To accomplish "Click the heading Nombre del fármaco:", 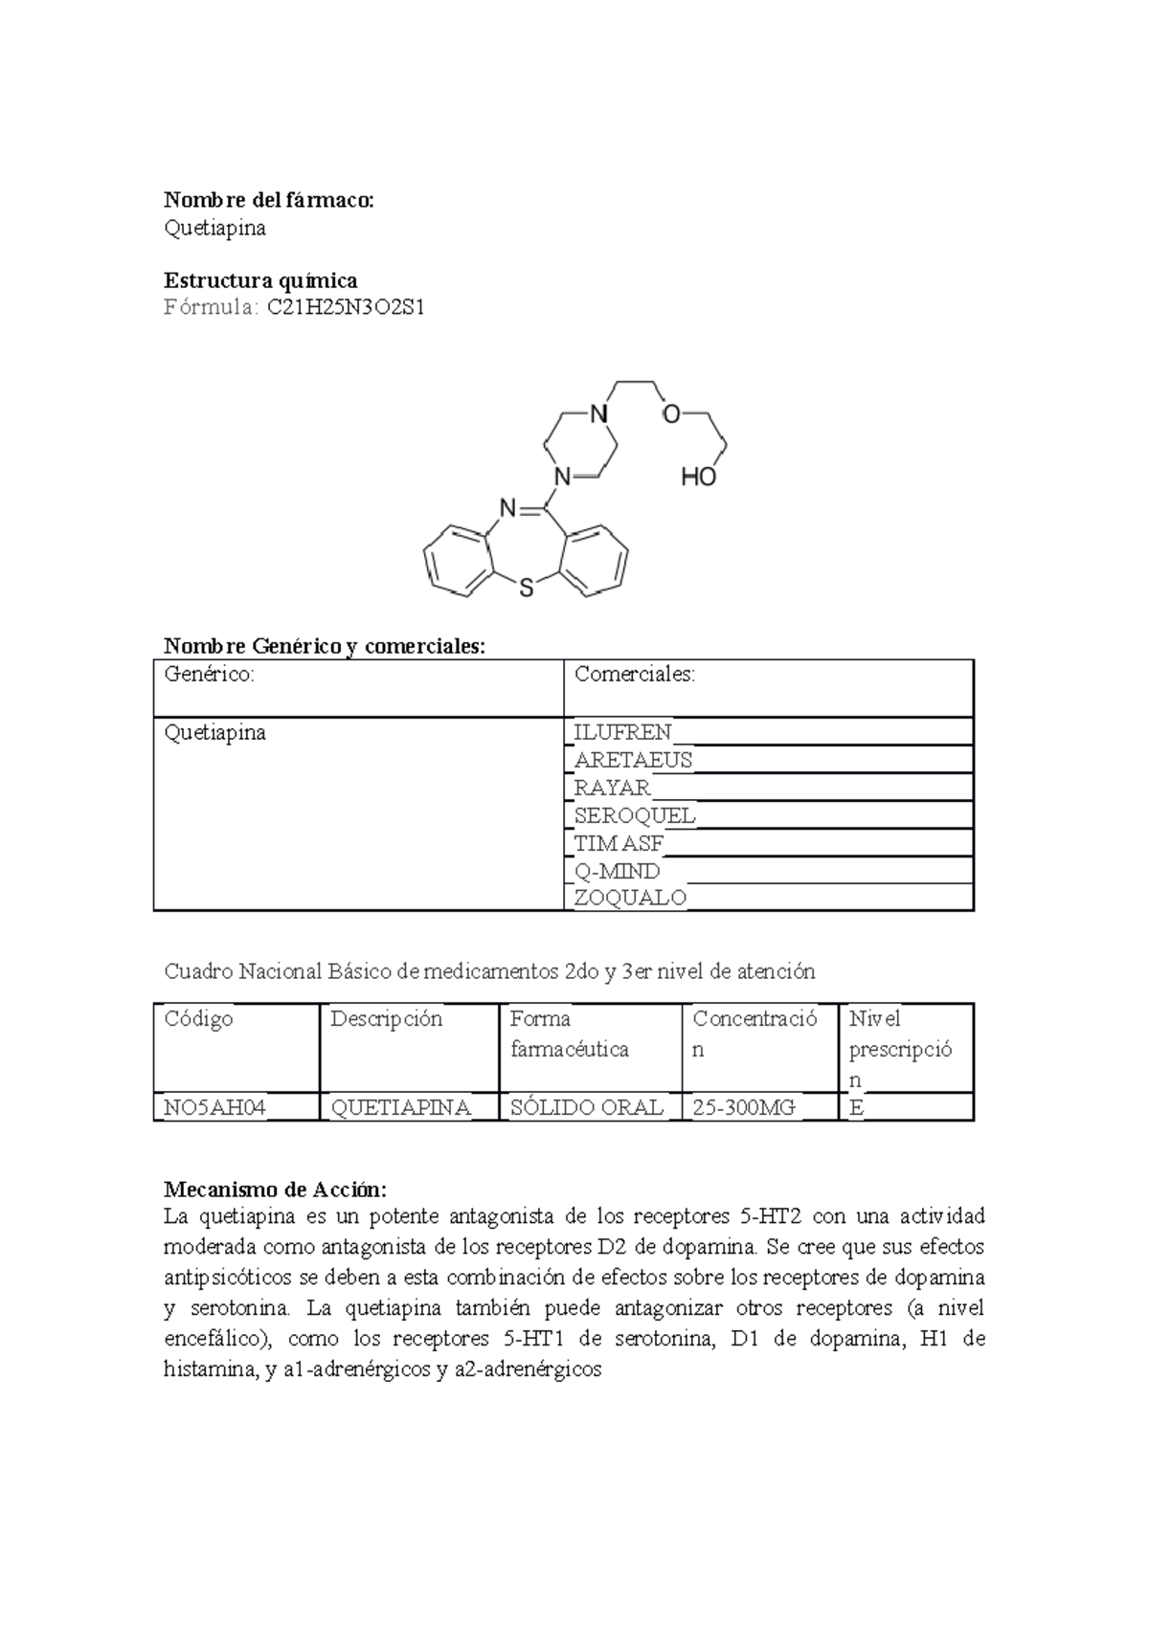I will pyautogui.click(x=268, y=200).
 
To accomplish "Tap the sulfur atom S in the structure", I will pyautogui.click(x=526, y=590).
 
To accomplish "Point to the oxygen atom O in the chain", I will pyautogui.click(x=671, y=414).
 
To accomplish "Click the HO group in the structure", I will pyautogui.click(x=698, y=477).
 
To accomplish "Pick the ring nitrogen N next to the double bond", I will pyautogui.click(x=507, y=507).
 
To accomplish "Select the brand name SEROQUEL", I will pyautogui.click(x=634, y=815).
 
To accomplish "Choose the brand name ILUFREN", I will pyautogui.click(x=622, y=732).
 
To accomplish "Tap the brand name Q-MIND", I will pyautogui.click(x=617, y=871).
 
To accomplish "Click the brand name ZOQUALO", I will pyautogui.click(x=629, y=898).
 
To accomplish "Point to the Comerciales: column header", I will pyautogui.click(x=634, y=674).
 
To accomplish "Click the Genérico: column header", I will pyautogui.click(x=210, y=674).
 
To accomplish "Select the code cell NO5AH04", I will pyautogui.click(x=214, y=1107).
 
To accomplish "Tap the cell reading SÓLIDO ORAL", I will pyautogui.click(x=586, y=1107).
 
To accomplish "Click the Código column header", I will pyautogui.click(x=198, y=1018).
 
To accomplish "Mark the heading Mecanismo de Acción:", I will pyautogui.click(x=275, y=1190).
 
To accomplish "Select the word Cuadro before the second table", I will pyautogui.click(x=198, y=971).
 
